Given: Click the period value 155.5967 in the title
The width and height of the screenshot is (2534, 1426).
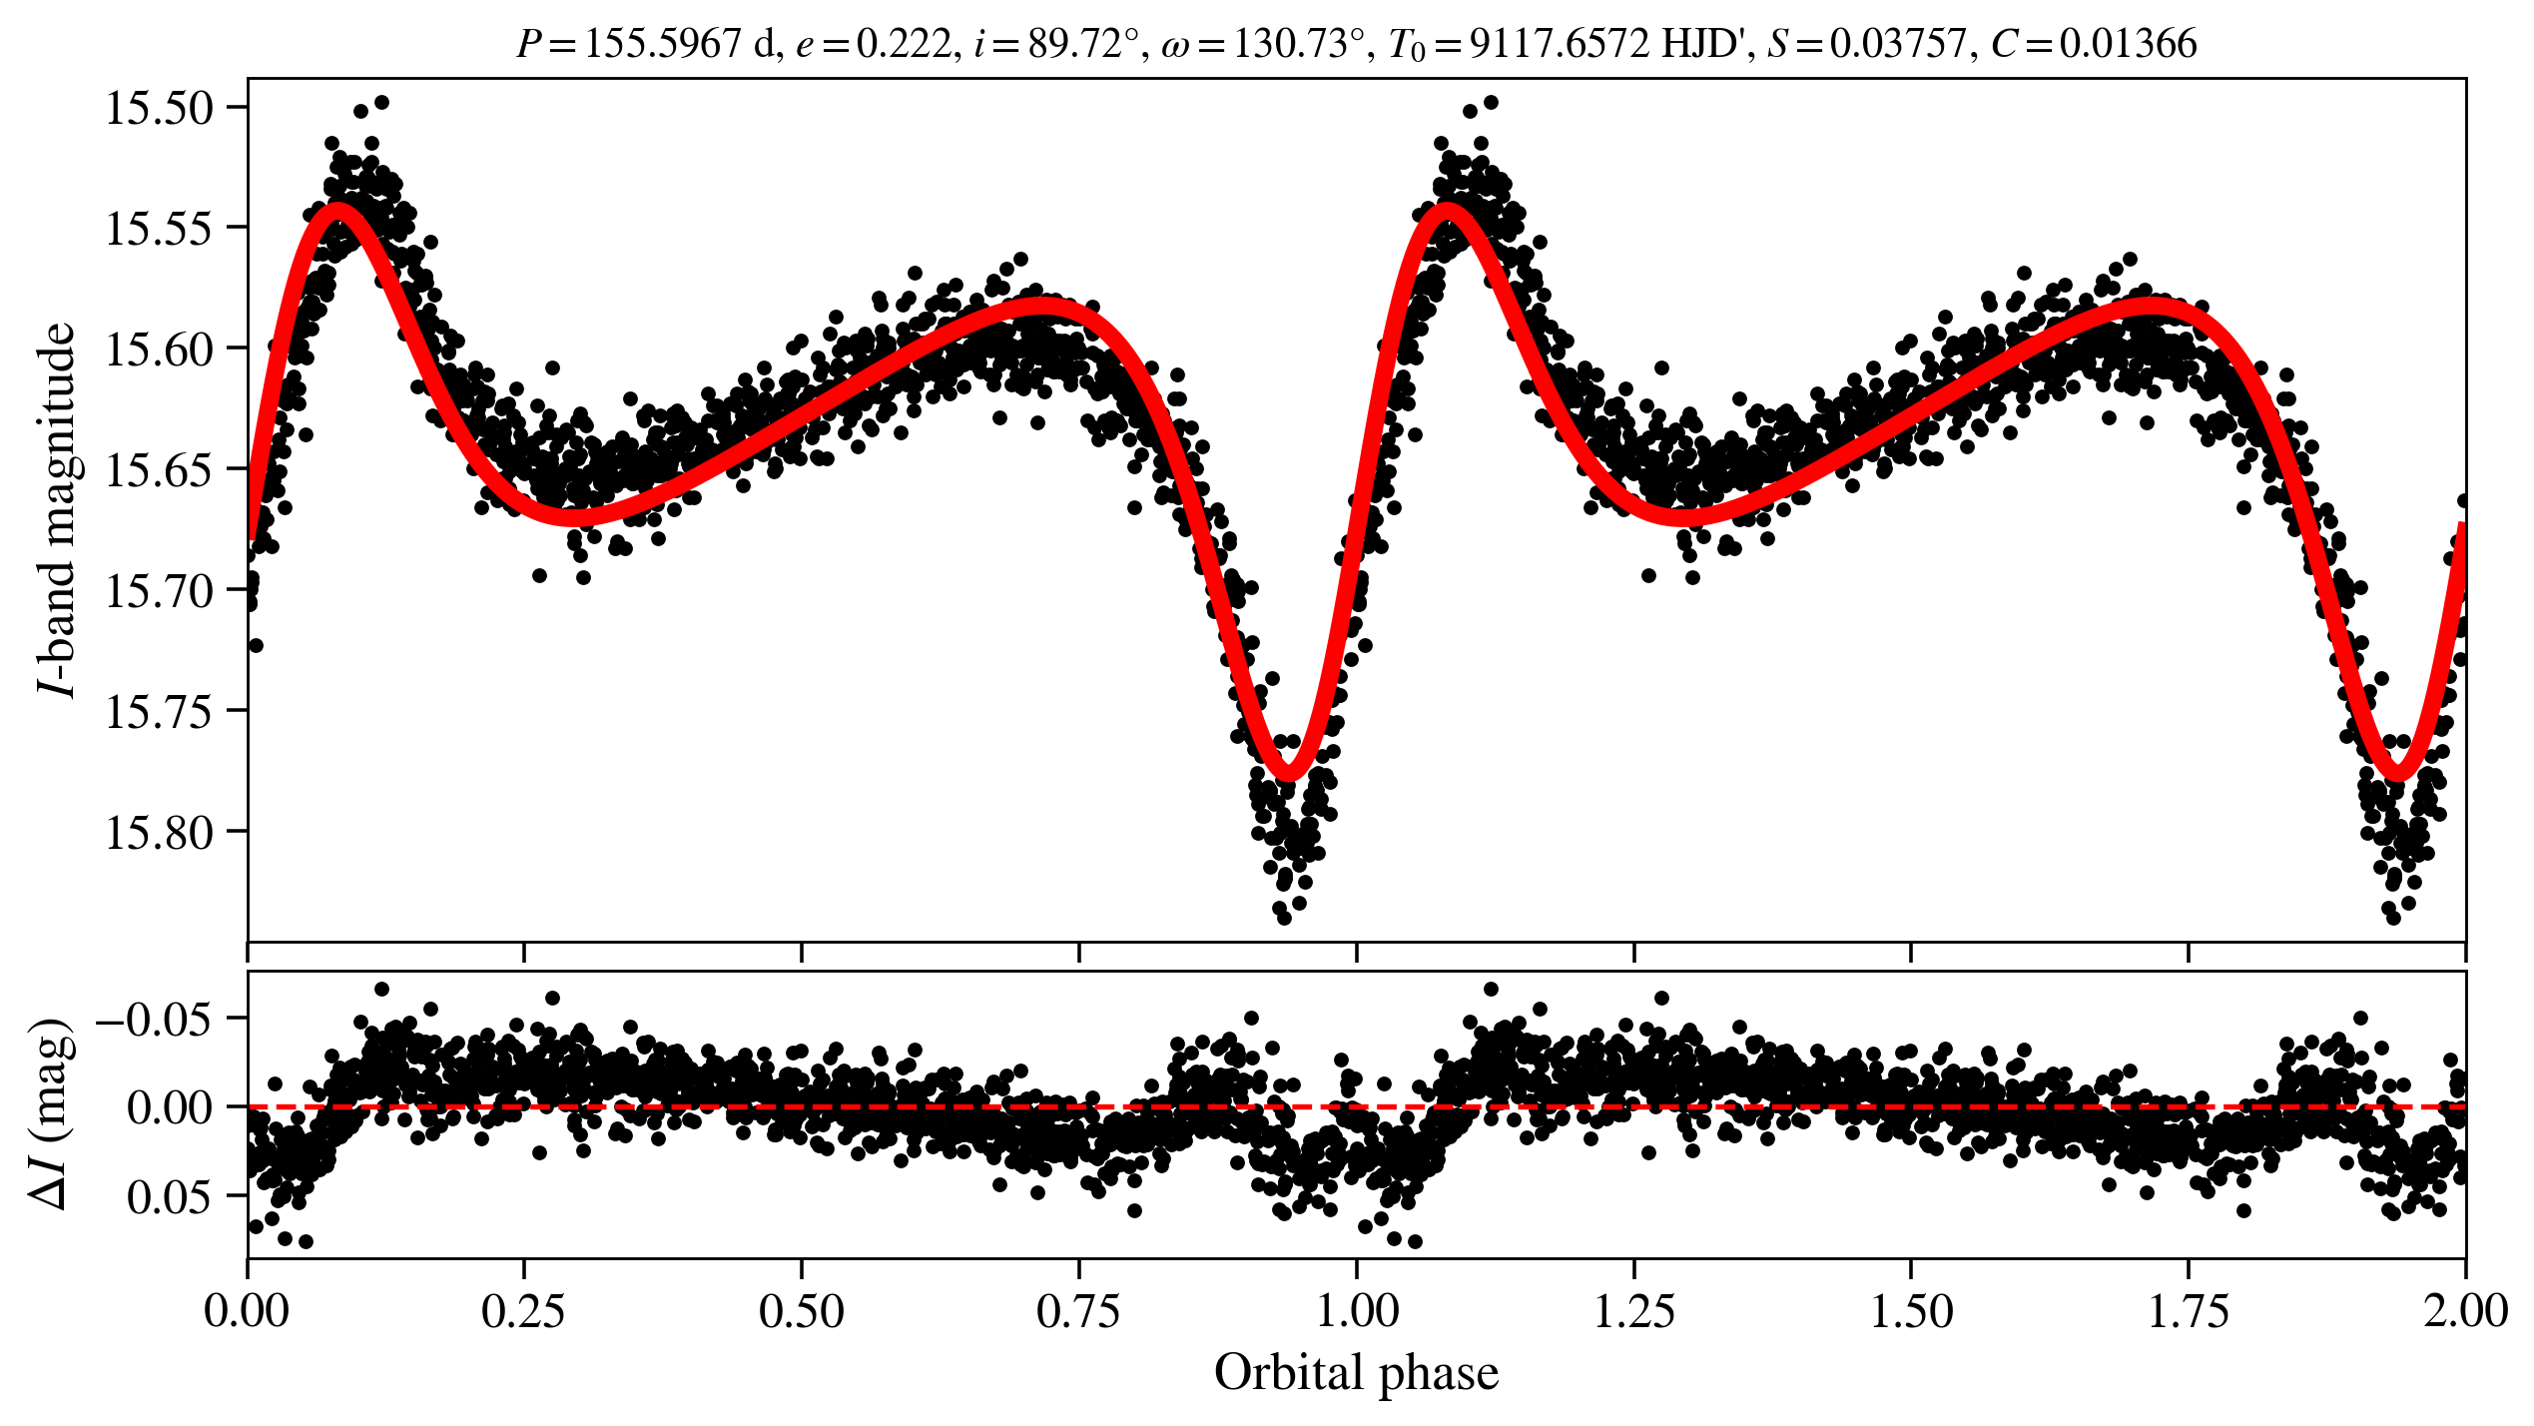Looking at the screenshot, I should pos(663,44).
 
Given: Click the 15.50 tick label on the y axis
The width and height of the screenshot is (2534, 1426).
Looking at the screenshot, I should pos(160,108).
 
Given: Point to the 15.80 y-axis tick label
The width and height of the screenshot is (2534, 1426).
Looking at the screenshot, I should pos(160,832).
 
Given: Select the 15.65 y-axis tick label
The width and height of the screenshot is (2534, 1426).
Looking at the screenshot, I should pos(160,469).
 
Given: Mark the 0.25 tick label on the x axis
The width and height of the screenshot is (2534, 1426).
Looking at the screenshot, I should pos(524,1311).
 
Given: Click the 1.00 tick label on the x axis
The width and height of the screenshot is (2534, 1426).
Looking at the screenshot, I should pos(1357,1311).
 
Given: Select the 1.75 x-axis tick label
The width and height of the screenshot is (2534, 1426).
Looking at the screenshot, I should pos(2189,1311).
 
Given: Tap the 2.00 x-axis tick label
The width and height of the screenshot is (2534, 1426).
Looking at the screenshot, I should pos(2464,1311).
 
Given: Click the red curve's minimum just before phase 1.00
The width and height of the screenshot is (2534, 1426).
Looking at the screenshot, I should pos(1288,772).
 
